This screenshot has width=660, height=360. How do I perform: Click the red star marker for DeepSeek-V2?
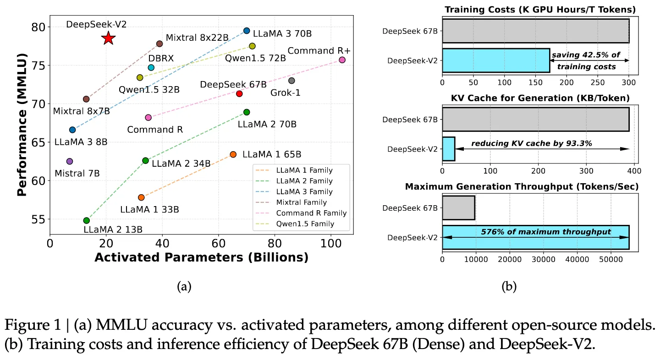108,38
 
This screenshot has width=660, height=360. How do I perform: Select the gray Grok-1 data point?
291,81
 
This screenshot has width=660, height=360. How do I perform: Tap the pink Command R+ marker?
342,60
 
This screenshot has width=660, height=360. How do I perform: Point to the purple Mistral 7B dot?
70,161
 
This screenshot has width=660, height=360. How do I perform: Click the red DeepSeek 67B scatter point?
239,93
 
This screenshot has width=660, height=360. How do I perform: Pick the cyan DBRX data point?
151,68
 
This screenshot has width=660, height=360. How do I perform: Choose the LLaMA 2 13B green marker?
87,220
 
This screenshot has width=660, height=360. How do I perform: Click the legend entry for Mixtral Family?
302,202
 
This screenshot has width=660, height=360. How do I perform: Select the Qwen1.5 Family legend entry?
305,224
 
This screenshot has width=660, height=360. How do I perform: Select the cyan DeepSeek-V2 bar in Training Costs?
496,60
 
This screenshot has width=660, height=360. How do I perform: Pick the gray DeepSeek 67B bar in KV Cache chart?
535,120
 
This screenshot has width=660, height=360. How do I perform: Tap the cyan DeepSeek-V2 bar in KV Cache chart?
448,149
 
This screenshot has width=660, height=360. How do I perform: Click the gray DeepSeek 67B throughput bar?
458,207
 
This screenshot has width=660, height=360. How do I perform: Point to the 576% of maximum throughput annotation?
546,232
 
